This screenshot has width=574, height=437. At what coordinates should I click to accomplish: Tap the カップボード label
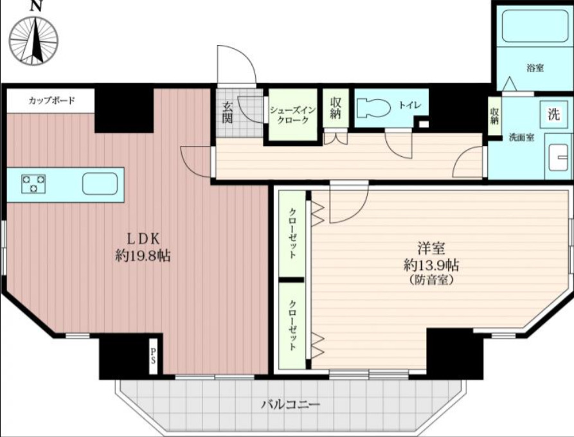click(51, 100)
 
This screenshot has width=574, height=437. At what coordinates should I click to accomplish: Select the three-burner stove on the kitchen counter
click(33, 184)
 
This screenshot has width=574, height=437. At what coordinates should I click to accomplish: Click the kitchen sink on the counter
click(100, 184)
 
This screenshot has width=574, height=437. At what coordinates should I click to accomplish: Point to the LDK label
click(143, 238)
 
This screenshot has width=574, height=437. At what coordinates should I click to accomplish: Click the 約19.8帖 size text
click(143, 256)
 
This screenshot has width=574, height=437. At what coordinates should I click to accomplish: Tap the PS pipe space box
click(153, 355)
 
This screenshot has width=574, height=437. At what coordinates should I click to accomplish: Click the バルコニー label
click(291, 404)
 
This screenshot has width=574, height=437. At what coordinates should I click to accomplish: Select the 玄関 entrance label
click(228, 112)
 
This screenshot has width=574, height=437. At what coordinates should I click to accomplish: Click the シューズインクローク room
click(293, 114)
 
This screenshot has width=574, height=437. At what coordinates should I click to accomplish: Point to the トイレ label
click(409, 105)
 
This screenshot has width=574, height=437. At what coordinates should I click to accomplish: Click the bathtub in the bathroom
click(535, 26)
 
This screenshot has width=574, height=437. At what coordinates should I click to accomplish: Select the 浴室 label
click(535, 68)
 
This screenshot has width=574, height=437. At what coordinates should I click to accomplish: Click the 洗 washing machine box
click(554, 115)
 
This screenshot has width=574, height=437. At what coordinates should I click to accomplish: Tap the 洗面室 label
click(522, 138)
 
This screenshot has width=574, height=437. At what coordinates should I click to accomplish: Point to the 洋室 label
click(431, 249)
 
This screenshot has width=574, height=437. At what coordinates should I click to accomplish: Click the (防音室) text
click(431, 280)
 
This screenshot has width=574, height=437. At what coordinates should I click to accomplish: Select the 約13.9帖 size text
click(431, 265)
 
